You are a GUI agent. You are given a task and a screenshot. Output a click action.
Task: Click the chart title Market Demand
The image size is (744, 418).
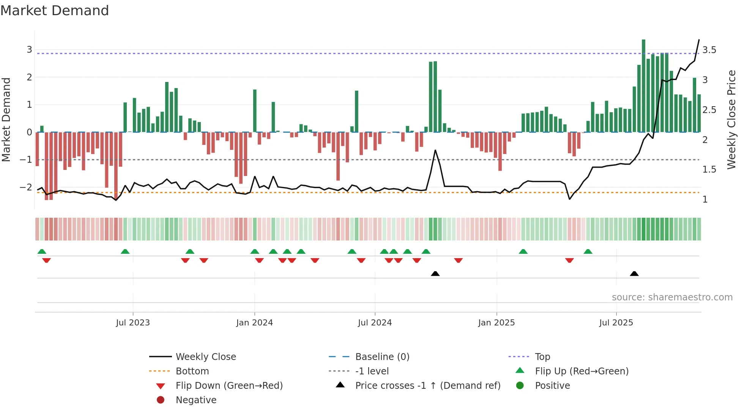pos(55,11)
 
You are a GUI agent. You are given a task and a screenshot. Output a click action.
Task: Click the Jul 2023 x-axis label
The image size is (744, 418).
pos(133,323)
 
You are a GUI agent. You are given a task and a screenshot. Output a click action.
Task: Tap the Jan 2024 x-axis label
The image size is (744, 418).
pos(254,323)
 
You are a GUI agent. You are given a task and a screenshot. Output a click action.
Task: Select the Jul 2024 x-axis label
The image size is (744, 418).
pos(375,323)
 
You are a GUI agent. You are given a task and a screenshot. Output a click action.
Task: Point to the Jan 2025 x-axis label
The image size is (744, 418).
pos(496,323)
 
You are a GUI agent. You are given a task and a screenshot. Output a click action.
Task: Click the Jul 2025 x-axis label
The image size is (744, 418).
pos(616,323)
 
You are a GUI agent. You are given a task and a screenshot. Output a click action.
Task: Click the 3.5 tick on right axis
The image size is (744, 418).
pos(709,50)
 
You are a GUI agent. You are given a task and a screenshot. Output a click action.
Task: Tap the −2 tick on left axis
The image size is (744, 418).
pos(26,187)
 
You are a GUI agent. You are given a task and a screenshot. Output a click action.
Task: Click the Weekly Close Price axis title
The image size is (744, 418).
pos(731,119)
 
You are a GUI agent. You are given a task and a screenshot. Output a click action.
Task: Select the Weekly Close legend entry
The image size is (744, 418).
pos(205,357)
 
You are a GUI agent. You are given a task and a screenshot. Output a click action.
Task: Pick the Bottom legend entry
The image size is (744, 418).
pos(192,371)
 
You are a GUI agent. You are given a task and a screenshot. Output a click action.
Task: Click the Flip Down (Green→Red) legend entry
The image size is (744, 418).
pos(229,386)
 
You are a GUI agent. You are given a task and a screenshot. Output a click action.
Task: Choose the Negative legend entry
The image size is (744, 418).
pos(196,400)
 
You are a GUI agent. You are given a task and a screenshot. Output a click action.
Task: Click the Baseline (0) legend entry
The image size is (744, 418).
pos(382,357)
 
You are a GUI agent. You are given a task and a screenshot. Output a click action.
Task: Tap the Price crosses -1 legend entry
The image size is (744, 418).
pos(427,386)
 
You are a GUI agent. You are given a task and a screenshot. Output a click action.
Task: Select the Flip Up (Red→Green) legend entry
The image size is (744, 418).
pos(582,371)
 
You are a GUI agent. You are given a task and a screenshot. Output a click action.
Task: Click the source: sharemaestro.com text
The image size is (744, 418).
pos(672,297)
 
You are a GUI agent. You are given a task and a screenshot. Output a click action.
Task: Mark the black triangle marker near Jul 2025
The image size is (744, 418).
pos(634,274)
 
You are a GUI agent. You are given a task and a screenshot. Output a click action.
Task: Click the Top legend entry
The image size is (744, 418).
pos(542,357)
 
